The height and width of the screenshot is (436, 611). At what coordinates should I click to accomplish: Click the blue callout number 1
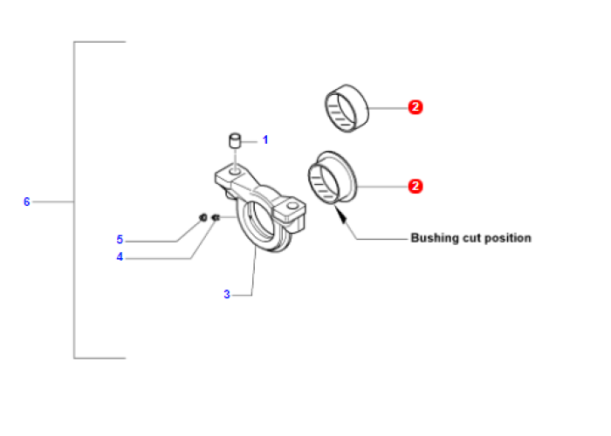point(265,140)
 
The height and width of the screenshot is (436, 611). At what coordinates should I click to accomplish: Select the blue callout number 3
point(227,295)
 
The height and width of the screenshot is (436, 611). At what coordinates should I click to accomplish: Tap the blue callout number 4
point(120,257)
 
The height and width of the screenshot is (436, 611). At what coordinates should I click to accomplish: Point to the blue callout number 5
point(120,240)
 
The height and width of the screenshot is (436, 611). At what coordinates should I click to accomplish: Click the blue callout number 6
point(26,201)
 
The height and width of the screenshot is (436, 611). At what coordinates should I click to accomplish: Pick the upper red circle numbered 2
point(415,107)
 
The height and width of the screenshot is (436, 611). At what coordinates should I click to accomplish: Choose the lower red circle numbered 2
point(415,186)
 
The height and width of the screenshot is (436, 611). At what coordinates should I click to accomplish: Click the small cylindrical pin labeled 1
point(235,141)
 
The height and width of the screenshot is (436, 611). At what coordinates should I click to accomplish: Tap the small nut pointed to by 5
point(203,217)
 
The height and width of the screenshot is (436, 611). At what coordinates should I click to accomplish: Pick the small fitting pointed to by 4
point(216,218)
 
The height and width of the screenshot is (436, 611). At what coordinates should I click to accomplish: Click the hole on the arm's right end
point(292,206)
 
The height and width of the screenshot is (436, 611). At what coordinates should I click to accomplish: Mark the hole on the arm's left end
point(235,171)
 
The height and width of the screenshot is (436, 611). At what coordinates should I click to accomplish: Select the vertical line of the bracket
point(74,200)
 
